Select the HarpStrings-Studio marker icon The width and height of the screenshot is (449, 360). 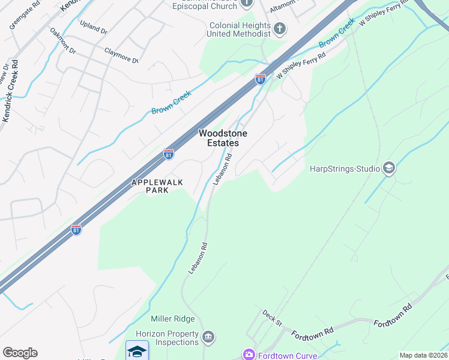[388, 169]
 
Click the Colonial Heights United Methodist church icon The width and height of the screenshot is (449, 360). [279, 28]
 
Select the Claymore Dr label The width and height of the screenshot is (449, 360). [121, 56]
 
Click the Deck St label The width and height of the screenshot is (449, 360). [272, 318]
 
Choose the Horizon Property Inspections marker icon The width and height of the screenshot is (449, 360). [208, 337]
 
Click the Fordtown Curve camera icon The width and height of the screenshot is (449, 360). [249, 355]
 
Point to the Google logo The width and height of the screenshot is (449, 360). [20, 353]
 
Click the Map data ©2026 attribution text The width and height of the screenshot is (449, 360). [423, 355]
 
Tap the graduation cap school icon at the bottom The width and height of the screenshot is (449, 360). [137, 351]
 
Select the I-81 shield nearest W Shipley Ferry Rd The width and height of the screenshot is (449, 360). [260, 79]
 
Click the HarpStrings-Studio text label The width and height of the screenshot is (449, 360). [345, 169]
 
